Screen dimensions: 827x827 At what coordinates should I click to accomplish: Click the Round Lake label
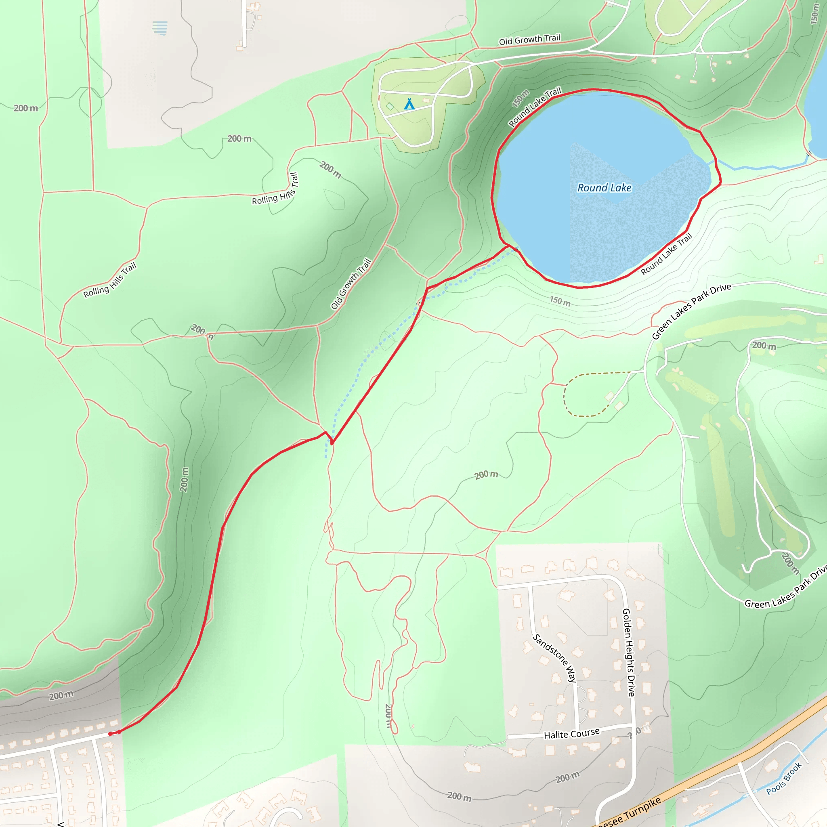[604, 188]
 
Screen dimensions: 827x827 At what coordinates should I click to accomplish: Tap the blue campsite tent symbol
[409, 104]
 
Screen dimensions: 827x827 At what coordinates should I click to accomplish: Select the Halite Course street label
[571, 734]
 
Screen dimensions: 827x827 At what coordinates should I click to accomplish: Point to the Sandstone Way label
[554, 658]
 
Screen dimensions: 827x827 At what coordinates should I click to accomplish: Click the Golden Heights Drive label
[628, 653]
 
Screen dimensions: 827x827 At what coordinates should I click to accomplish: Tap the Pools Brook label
[783, 779]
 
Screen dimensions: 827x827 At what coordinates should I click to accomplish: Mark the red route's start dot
[110, 734]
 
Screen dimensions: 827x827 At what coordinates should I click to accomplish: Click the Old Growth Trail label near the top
[529, 40]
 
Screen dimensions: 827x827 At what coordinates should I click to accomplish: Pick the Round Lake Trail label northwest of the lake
[535, 107]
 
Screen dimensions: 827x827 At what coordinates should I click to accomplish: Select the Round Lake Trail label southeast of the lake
[666, 254]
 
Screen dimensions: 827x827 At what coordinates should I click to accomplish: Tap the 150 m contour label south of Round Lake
[560, 301]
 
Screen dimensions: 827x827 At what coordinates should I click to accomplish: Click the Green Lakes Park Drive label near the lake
[691, 311]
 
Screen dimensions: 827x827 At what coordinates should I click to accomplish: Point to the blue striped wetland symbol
[160, 28]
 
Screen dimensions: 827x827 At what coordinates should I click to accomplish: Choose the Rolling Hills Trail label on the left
[109, 280]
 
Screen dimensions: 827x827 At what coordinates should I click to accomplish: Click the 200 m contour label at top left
[26, 108]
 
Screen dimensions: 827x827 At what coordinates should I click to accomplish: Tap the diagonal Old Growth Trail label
[351, 283]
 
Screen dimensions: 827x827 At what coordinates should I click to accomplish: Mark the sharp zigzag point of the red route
[332, 443]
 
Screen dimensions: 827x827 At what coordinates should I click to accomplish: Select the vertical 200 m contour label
[184, 479]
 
